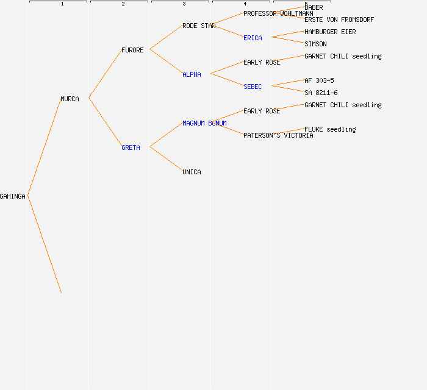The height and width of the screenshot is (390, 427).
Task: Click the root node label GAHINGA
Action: (x=13, y=196)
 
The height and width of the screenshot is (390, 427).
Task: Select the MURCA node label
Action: (x=70, y=99)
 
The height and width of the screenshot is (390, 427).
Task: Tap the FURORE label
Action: (x=132, y=50)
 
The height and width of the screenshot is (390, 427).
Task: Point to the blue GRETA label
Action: (x=131, y=147)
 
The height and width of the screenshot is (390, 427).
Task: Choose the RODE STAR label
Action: (x=199, y=26)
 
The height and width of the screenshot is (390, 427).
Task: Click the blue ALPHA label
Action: (x=192, y=74)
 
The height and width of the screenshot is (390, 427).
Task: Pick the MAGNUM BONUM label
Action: (x=204, y=123)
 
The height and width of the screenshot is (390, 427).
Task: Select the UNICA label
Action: (x=192, y=172)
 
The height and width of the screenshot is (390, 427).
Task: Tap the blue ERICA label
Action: (x=253, y=38)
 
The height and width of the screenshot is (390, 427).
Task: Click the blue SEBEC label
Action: (x=253, y=87)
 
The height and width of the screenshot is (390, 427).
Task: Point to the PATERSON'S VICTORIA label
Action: (x=278, y=135)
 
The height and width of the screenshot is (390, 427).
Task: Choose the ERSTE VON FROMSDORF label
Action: (x=339, y=19)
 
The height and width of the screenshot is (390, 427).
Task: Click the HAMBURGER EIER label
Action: (x=330, y=32)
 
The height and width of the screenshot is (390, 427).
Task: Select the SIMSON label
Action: (x=315, y=44)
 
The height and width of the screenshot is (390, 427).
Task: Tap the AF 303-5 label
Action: (x=319, y=80)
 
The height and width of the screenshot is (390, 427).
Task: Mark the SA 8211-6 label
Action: (x=321, y=93)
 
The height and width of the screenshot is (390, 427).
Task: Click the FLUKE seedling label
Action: (x=330, y=129)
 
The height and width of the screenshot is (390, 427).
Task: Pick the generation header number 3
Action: (x=184, y=4)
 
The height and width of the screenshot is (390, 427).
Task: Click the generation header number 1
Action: (x=62, y=4)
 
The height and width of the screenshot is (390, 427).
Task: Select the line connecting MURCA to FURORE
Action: (x=105, y=74)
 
